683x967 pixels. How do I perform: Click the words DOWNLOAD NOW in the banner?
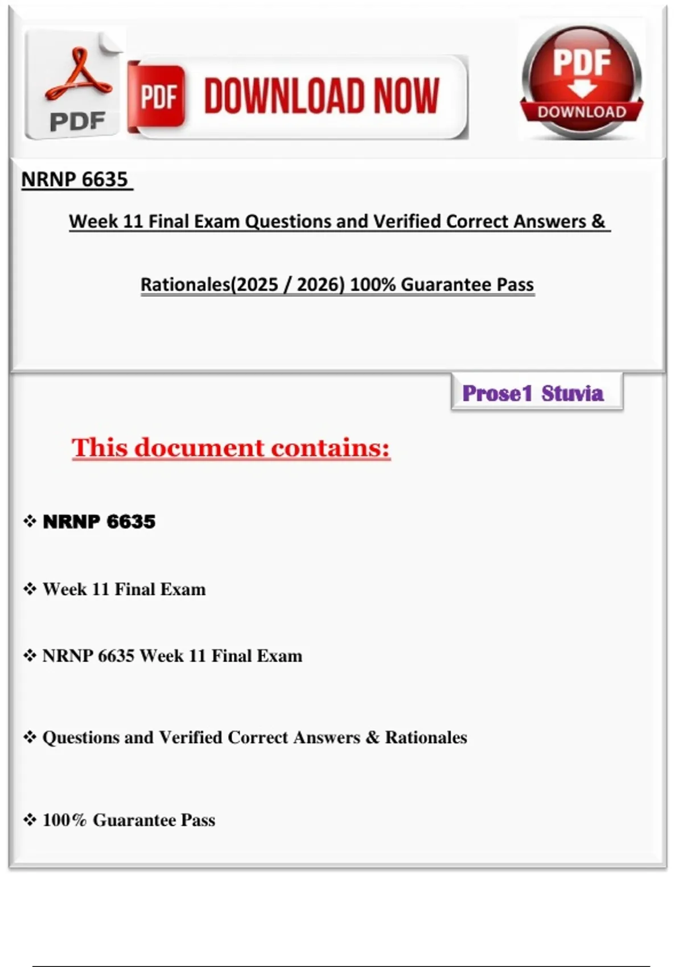tap(322, 96)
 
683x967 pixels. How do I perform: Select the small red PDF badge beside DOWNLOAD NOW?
tap(158, 96)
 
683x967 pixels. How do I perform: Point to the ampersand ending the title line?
tap(598, 221)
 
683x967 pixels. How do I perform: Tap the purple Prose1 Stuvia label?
tap(533, 393)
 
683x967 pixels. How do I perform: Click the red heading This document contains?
tap(231, 448)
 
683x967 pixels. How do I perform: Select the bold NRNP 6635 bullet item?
tap(99, 522)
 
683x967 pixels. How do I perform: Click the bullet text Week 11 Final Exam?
tap(124, 589)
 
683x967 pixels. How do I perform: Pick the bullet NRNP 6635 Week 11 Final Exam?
tap(172, 656)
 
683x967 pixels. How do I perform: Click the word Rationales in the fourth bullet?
tap(426, 737)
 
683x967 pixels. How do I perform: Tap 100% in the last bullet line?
tap(64, 820)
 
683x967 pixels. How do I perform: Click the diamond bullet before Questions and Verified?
tap(30, 737)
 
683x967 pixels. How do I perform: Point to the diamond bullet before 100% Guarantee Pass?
tap(30, 820)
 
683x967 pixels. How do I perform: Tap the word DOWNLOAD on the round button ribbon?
tap(582, 112)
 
